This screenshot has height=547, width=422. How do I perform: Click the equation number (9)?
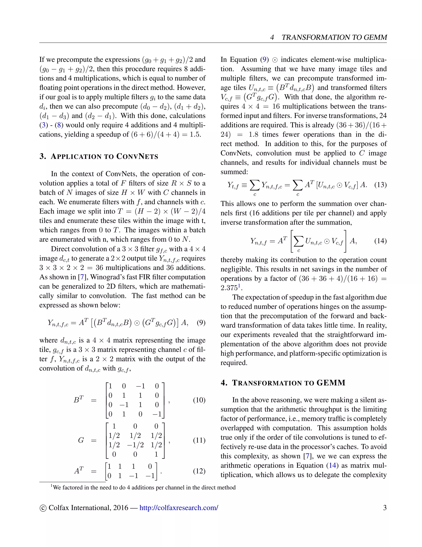(201, 323)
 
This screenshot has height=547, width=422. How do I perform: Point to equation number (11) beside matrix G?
(199, 440)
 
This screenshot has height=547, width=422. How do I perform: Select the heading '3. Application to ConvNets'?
(99, 156)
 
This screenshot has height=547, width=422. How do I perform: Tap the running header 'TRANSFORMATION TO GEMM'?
(334, 38)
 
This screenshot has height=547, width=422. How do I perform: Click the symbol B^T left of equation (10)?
(79, 400)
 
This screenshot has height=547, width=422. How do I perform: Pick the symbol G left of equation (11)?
(81, 440)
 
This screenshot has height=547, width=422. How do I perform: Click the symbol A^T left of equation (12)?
(79, 471)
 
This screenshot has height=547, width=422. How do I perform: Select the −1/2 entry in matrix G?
(135, 445)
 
